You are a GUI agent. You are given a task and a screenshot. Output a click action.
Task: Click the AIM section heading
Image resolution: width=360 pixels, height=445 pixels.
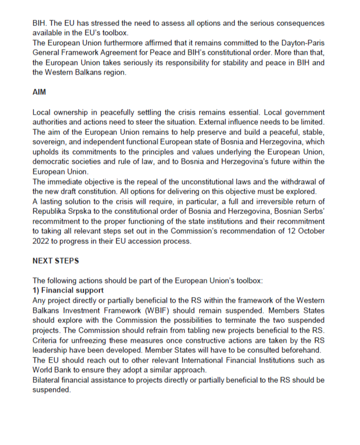tap(39, 93)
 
